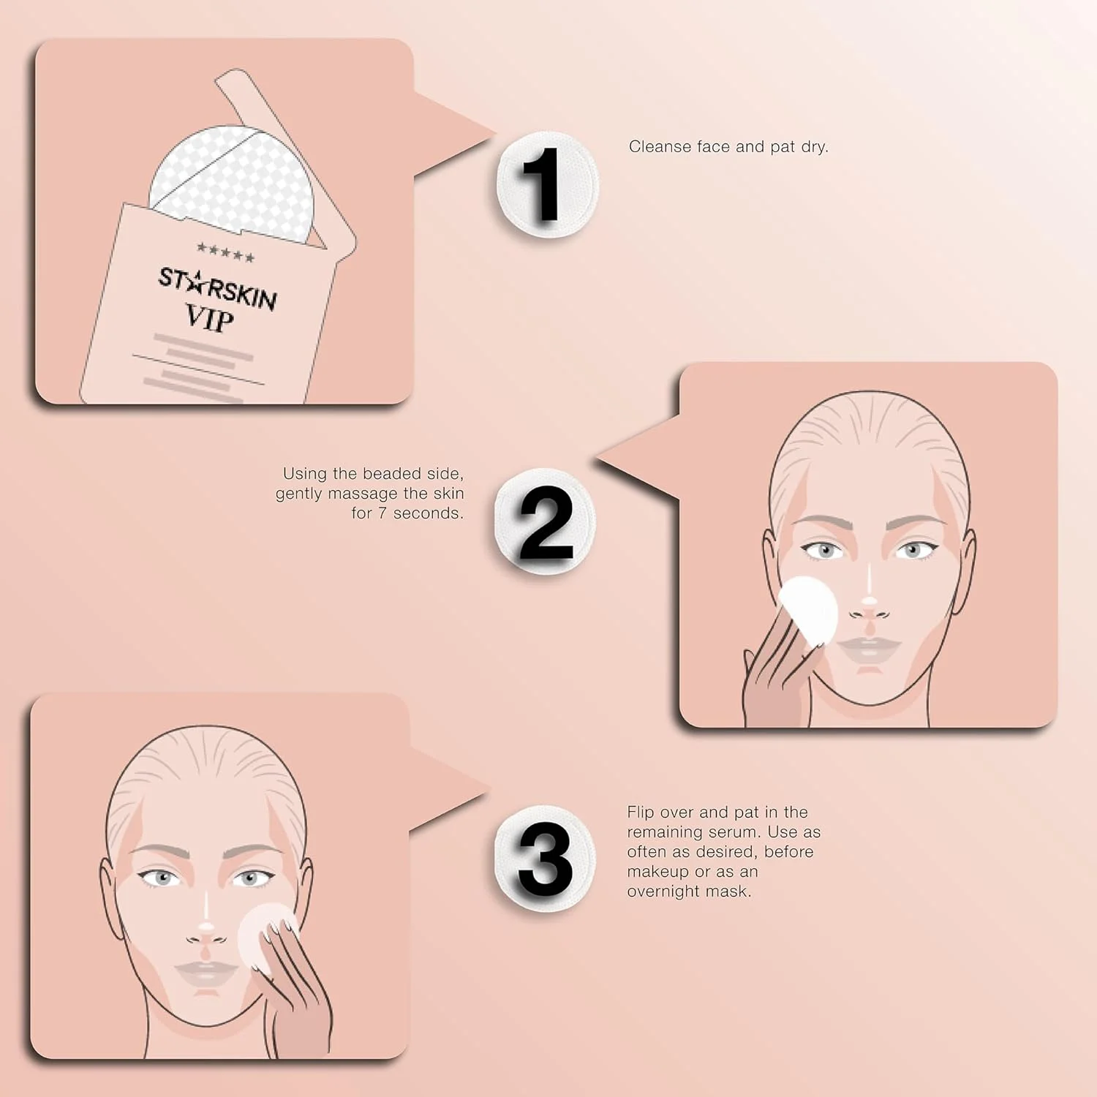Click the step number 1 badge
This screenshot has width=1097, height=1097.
pos(546,184)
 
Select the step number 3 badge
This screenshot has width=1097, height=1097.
pos(545,859)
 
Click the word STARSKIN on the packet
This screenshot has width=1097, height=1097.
pos(217,288)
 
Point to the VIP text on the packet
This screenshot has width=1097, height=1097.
pos(209,318)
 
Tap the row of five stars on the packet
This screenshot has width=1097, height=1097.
pos(225,253)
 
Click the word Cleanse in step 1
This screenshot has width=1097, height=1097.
pos(660,147)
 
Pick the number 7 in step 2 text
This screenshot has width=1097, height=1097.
pos(382,513)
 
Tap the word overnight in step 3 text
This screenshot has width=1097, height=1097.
pos(663,891)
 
